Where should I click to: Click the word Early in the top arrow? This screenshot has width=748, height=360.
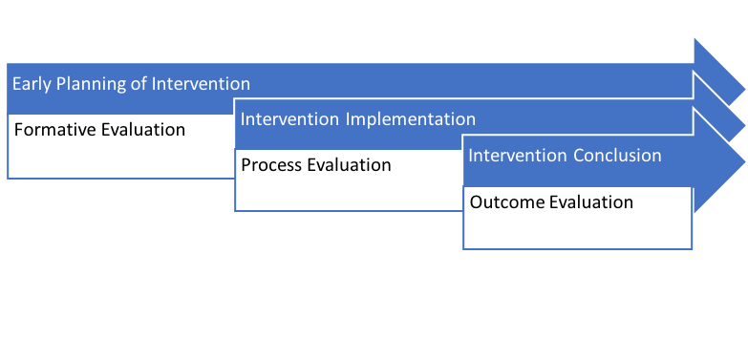click(30, 83)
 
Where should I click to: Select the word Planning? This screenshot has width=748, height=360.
click(88, 83)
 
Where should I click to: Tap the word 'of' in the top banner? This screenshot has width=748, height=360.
click(139, 83)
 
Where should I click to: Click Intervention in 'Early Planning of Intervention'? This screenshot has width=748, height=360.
click(201, 83)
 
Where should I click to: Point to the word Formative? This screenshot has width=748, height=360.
click(53, 129)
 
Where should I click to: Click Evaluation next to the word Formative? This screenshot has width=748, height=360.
click(142, 129)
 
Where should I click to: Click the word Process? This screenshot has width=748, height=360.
click(271, 165)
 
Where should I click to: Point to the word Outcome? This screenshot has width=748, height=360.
click(502, 201)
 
